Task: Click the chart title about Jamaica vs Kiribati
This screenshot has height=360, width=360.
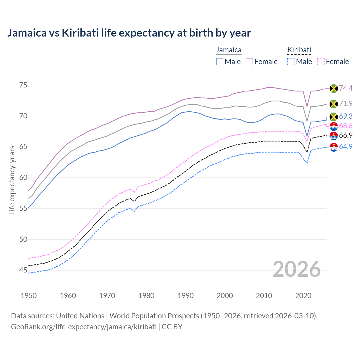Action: [129, 33]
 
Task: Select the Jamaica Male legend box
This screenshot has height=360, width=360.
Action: [220, 62]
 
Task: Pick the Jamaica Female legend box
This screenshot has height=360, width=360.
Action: [249, 62]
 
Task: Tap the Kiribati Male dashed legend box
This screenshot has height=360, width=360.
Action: [291, 62]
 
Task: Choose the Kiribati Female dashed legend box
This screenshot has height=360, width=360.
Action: [321, 62]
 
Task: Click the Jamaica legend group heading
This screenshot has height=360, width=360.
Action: [229, 50]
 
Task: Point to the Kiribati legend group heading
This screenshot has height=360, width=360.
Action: [299, 50]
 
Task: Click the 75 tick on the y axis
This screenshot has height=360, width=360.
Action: [23, 85]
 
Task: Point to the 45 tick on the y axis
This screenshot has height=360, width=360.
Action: [23, 270]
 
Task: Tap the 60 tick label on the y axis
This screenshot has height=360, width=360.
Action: [23, 177]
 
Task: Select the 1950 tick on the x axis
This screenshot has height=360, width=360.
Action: [29, 296]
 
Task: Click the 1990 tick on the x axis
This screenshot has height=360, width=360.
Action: [186, 296]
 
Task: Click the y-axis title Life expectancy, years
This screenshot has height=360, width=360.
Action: [12, 180]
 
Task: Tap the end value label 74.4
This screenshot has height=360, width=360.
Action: [346, 88]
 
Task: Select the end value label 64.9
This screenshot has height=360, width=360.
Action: [346, 147]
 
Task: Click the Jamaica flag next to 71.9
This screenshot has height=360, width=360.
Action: [334, 104]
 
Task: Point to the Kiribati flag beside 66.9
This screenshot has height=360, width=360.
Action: [334, 136]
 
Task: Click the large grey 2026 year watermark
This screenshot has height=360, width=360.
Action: [297, 269]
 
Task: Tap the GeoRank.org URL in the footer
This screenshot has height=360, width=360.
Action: [84, 327]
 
